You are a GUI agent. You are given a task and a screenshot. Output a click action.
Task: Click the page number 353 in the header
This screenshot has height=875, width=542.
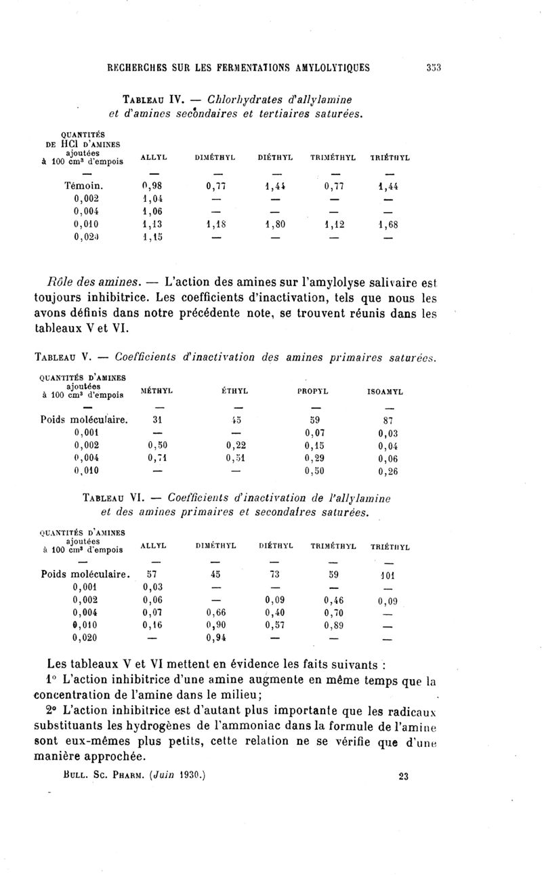point(434,66)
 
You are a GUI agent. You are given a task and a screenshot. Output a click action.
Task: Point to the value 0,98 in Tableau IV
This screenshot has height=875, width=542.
point(154,185)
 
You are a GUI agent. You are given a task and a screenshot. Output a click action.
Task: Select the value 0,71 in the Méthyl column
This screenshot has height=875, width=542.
point(158,458)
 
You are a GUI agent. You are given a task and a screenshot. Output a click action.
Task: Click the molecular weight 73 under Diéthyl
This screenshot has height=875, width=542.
point(275,574)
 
